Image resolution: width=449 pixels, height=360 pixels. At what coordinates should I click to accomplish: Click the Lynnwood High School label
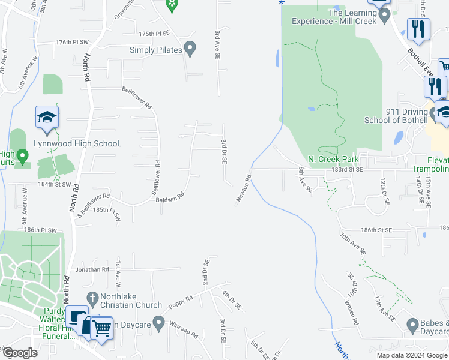78,143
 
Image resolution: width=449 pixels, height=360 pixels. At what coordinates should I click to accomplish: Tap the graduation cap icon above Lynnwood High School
47,118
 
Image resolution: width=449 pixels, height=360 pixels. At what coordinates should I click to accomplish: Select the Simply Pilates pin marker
190,49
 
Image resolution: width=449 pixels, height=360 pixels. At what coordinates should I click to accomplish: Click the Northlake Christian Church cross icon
92,298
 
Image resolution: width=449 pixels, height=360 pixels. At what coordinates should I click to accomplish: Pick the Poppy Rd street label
180,299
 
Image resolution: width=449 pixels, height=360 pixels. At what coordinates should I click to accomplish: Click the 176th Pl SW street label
72,43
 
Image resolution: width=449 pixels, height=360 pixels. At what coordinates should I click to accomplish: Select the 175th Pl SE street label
155,34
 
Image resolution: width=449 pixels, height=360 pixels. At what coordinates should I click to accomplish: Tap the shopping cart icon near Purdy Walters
101,328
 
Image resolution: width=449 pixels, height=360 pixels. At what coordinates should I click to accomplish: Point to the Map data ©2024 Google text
411,355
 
